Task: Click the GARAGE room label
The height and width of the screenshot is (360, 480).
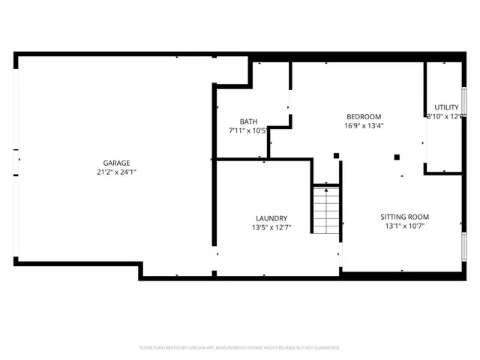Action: point(116,163)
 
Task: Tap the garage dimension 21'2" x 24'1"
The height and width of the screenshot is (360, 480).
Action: point(116,172)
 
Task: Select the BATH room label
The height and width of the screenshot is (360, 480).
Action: point(248,121)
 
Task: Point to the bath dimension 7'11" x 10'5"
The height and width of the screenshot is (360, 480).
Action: point(248,130)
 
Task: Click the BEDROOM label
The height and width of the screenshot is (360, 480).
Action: point(363,116)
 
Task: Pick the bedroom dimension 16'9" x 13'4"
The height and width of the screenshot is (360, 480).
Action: point(363,126)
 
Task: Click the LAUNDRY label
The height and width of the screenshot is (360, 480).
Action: point(271,218)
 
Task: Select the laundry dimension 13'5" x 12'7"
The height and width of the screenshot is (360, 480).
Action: point(271,228)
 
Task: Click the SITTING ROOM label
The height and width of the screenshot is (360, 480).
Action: point(407,217)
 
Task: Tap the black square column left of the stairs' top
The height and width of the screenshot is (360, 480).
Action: point(336,156)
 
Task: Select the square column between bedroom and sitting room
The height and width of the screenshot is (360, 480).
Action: point(397,157)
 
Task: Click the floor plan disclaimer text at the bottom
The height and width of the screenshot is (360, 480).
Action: point(240,348)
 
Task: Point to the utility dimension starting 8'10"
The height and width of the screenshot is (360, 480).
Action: point(443,116)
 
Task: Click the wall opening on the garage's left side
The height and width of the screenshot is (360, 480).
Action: point(16,160)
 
